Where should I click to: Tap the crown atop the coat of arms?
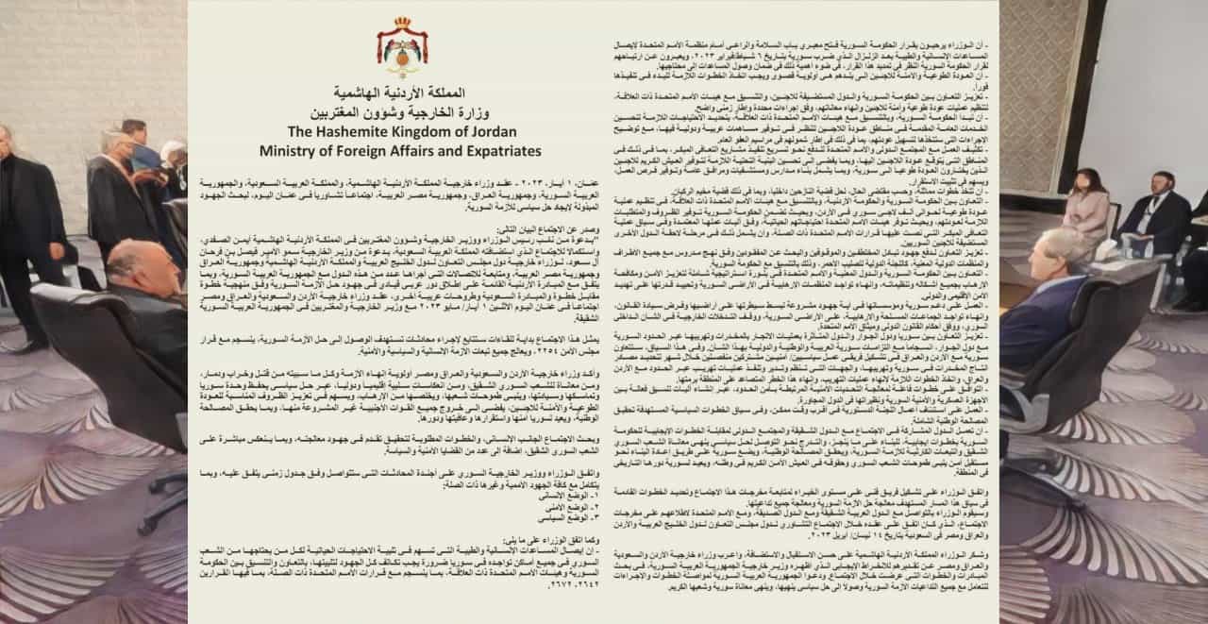[402, 22]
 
